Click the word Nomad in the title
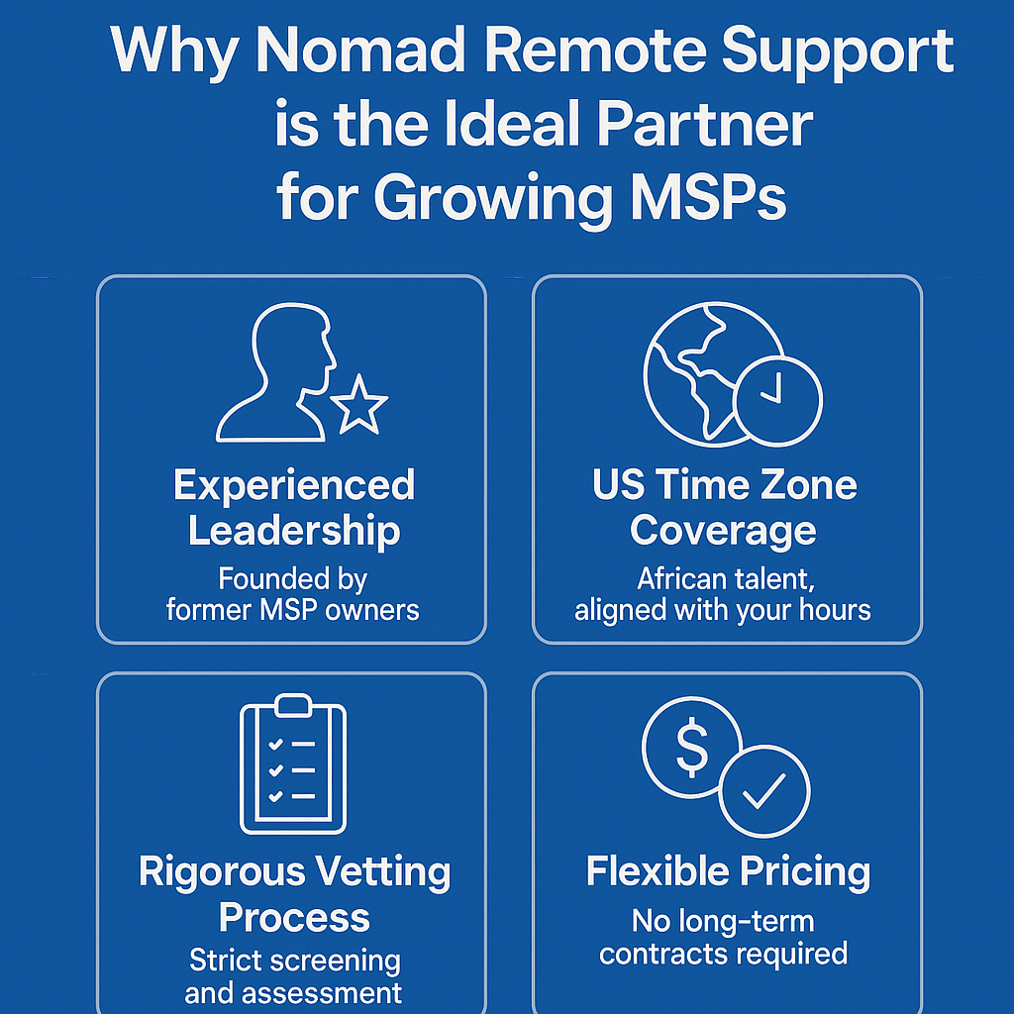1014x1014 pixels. (360, 51)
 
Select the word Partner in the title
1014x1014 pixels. (704, 124)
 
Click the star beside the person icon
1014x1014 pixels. (358, 405)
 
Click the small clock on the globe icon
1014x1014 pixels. (778, 400)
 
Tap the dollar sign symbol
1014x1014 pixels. (692, 747)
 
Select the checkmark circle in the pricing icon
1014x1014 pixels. (764, 791)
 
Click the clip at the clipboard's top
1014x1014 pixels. (293, 705)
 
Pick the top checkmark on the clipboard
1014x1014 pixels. (275, 745)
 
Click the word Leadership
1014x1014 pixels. (294, 531)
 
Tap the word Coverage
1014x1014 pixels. (723, 532)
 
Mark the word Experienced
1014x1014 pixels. (294, 485)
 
